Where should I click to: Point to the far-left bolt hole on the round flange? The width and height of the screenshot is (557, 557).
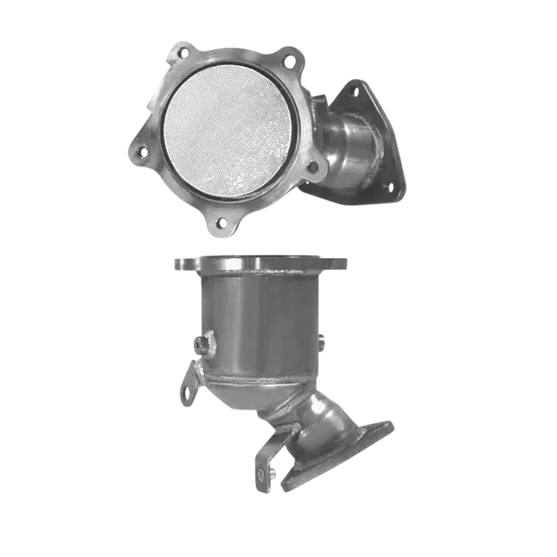coord(141,151)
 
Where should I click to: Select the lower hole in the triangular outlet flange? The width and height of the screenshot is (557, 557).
coord(392,187)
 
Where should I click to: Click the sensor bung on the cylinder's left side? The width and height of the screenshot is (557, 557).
coord(201,345)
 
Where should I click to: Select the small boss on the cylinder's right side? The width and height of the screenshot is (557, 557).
coord(322,343)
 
